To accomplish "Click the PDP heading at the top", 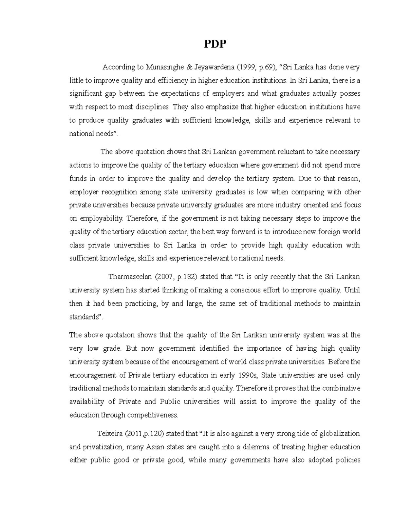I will (x=215, y=44).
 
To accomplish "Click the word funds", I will (x=78, y=179).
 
